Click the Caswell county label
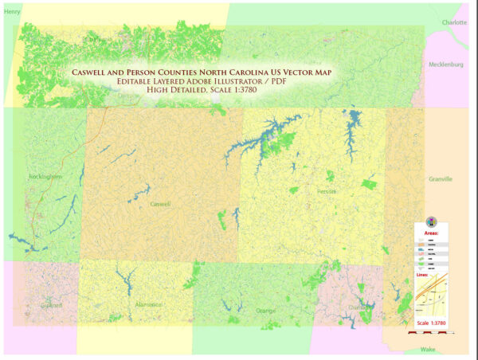click(161, 204)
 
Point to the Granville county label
click(440, 179)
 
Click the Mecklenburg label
click(445, 64)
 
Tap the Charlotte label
click(455, 23)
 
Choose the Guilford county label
click(51, 304)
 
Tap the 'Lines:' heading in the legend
click(424, 275)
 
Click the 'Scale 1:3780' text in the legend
click(433, 323)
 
